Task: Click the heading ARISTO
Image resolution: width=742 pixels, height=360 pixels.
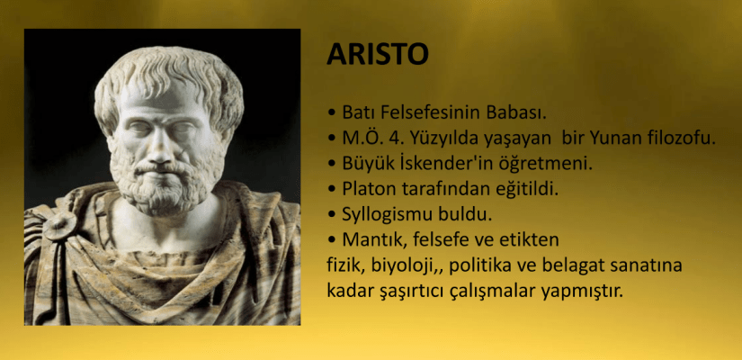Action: point(377,54)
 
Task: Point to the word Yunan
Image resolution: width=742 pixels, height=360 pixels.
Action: point(619,139)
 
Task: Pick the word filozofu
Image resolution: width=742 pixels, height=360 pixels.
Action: point(682,139)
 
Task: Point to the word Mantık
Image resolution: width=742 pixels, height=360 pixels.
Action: point(373,239)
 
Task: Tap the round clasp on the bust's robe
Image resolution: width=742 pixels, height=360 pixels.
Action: point(60,225)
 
